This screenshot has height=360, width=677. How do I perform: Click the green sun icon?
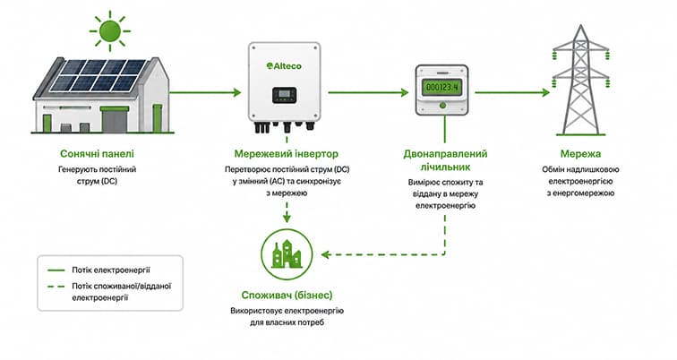tap(109, 30)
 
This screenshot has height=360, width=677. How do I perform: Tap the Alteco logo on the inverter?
tap(284, 66)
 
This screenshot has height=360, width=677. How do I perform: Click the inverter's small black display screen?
tap(284, 95)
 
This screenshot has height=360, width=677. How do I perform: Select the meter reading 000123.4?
tap(442, 88)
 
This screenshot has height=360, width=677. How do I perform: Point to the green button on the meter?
tap(442, 105)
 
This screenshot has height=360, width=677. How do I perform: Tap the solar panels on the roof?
tap(98, 75)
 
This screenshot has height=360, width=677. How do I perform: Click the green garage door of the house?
tap(115, 120)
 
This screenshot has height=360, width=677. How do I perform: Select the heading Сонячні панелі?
tap(97, 154)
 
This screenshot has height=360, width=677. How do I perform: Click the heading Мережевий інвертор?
tap(287, 154)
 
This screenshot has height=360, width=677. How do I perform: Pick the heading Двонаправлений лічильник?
tap(445, 160)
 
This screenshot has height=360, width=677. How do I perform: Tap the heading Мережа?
tap(580, 154)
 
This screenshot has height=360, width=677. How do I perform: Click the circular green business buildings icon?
tap(287, 254)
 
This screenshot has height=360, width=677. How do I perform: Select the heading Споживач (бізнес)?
tap(287, 296)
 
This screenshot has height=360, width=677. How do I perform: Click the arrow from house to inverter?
tap(205, 92)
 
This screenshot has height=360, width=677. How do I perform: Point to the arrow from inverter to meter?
tap(368, 92)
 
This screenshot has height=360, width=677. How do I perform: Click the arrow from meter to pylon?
tap(512, 92)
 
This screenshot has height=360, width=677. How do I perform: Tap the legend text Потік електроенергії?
tap(111, 270)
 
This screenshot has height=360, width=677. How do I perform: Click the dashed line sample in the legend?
tap(56, 287)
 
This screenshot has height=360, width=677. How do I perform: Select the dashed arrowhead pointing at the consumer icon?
tap(326, 254)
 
